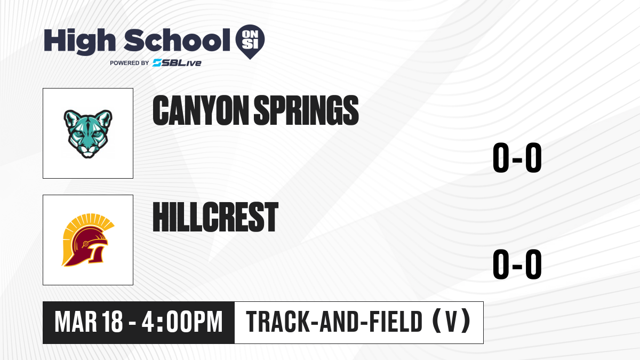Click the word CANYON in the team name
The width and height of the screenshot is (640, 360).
201,110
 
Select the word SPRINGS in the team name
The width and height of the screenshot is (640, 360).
306,110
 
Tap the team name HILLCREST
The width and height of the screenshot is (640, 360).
215,217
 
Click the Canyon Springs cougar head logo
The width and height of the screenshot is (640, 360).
88,134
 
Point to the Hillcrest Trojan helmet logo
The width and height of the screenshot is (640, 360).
87,240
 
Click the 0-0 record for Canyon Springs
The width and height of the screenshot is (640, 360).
517,157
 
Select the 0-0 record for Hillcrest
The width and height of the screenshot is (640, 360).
517,264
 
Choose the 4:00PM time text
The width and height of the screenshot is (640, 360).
182,322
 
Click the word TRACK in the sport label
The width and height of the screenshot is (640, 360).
278,322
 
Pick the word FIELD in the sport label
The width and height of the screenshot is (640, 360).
396,322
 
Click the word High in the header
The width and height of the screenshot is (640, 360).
80,42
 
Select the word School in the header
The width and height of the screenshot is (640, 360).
177,41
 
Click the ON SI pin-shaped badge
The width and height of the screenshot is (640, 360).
250,40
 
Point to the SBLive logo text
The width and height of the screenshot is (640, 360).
177,63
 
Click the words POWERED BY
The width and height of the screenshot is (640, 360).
130,63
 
